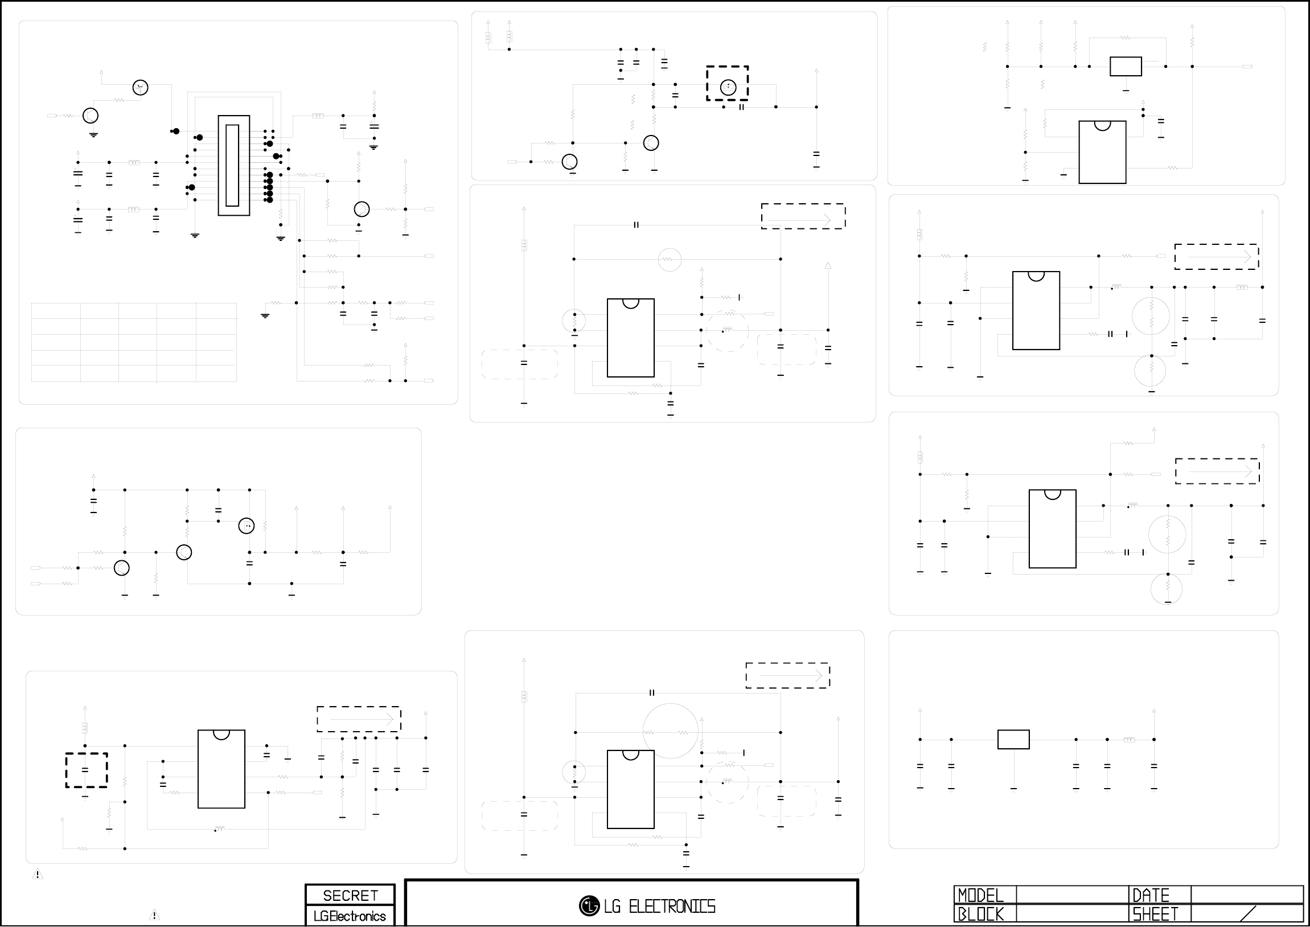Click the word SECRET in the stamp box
point(350,895)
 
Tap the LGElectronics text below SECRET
point(350,916)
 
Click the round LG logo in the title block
point(589,906)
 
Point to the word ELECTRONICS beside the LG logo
point(672,907)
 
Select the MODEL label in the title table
point(980,895)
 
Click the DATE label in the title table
point(1150,895)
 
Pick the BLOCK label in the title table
point(980,914)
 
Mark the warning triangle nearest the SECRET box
point(154,915)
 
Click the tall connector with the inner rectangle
point(233,166)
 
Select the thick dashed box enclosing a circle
point(728,83)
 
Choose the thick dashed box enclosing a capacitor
point(86,770)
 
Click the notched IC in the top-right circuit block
point(1102,152)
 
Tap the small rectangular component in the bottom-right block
point(1013,739)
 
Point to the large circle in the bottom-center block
point(671,731)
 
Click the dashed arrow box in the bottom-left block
point(359,719)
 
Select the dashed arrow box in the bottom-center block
point(787,675)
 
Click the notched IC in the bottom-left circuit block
point(221,769)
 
